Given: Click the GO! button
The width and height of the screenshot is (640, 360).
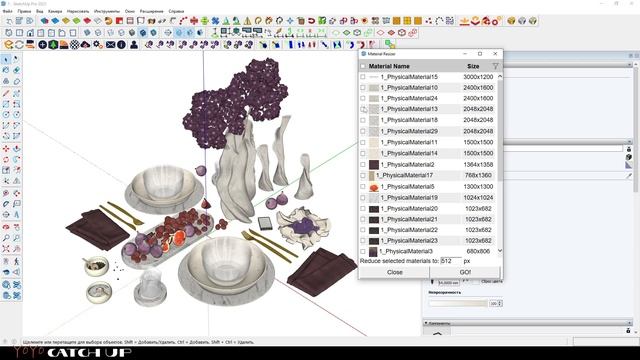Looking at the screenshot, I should pos(465,272).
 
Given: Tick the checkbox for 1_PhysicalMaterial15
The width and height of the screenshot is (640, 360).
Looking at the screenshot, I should pos(363,77).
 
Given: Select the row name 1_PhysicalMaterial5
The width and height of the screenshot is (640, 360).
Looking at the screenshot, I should pos(407,187).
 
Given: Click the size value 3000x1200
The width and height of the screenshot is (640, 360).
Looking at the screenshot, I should pos(477,77).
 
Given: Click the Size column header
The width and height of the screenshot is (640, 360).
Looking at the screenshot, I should pos(473,66).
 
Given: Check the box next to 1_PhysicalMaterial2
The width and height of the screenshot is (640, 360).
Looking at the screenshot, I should pos(363,165).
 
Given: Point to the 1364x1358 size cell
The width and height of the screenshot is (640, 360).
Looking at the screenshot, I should pos(477,165).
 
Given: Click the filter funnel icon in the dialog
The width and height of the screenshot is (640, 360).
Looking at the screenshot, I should pos(495,66).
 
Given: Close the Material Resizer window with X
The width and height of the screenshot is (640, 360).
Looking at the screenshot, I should pos(497,53).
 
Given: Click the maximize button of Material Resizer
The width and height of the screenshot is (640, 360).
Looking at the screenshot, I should pos(480,53).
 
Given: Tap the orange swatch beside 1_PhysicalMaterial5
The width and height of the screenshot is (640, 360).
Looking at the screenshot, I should pos(373,187).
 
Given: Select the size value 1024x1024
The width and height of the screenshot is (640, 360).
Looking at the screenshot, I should pos(477,198).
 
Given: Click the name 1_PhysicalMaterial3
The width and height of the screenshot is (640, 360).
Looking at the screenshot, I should pos(407,251).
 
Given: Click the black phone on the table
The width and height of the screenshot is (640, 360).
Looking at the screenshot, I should pos(263,222).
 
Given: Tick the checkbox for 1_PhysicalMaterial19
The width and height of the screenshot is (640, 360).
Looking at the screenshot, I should pos(363,198).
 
